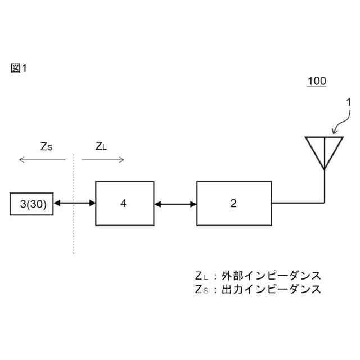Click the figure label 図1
click(x=19, y=68)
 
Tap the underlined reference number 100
click(x=317, y=81)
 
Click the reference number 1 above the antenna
click(x=348, y=102)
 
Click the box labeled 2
click(x=233, y=203)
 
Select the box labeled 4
click(x=124, y=203)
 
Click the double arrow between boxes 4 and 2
click(x=175, y=204)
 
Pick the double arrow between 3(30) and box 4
click(x=75, y=204)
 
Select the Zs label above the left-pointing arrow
click(x=46, y=146)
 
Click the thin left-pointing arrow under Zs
click(x=42, y=160)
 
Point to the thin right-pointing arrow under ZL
click(x=102, y=160)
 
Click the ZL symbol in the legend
click(x=201, y=276)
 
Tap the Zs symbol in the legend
click(x=201, y=289)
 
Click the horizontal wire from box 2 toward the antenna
click(x=298, y=202)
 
